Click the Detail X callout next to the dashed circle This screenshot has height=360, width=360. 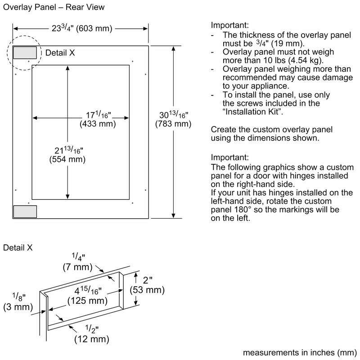(60, 53)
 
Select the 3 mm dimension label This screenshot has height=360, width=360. (17, 307)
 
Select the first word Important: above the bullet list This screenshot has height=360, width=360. (229, 26)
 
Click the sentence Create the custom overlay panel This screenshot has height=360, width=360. (272, 130)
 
